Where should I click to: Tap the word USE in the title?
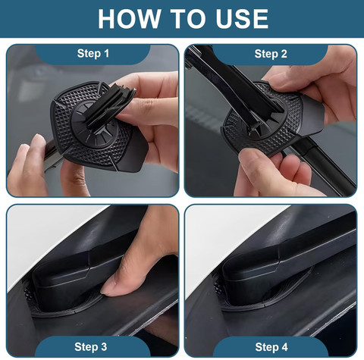[x=242, y=19]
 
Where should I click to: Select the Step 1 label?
[x=93, y=54]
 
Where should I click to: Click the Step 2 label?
[x=271, y=54]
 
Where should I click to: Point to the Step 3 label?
[x=91, y=347]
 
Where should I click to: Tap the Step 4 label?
[x=271, y=347]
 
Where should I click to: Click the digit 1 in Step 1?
[x=106, y=54]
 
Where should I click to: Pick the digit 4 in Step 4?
[x=284, y=347]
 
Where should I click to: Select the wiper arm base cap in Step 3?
[x=63, y=279]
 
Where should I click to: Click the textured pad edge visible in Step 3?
[x=29, y=294]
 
